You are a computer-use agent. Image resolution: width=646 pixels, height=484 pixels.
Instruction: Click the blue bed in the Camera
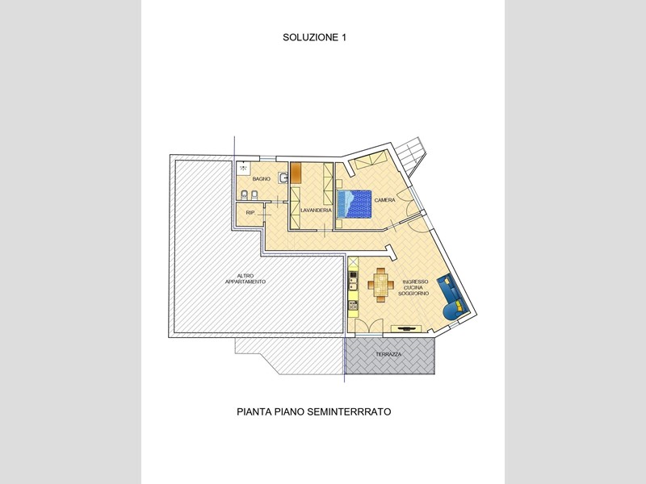[x=354, y=204]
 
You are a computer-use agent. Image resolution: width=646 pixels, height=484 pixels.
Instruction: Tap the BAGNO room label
[x=262, y=179]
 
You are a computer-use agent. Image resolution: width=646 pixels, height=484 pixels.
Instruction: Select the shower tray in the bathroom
[x=243, y=168]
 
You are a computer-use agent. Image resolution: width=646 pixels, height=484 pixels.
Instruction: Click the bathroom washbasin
[x=283, y=177]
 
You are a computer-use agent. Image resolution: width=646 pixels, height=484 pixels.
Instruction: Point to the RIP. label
[x=250, y=213]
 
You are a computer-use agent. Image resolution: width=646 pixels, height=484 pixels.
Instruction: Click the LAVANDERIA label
[x=316, y=211]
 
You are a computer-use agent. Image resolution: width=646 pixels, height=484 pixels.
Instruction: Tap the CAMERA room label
[x=385, y=200]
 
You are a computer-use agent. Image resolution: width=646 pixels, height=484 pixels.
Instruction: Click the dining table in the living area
[x=381, y=286]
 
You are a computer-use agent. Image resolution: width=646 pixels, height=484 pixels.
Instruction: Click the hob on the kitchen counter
[x=353, y=305]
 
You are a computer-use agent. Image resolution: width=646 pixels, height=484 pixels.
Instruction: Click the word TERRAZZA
[x=388, y=354]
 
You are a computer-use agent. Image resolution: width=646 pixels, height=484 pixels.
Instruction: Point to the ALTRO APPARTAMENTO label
[x=245, y=278]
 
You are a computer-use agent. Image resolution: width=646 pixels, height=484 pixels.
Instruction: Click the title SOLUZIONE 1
[x=314, y=37]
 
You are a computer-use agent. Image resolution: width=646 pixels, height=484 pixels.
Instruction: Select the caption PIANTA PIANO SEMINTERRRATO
[x=314, y=411]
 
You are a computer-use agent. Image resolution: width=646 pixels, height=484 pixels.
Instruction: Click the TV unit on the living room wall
[x=406, y=328]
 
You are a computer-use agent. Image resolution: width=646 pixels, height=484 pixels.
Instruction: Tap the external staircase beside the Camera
[x=411, y=156]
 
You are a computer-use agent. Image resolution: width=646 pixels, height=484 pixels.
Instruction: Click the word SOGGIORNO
[x=413, y=294]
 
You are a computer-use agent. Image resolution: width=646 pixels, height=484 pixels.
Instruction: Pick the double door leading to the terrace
[x=369, y=328]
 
